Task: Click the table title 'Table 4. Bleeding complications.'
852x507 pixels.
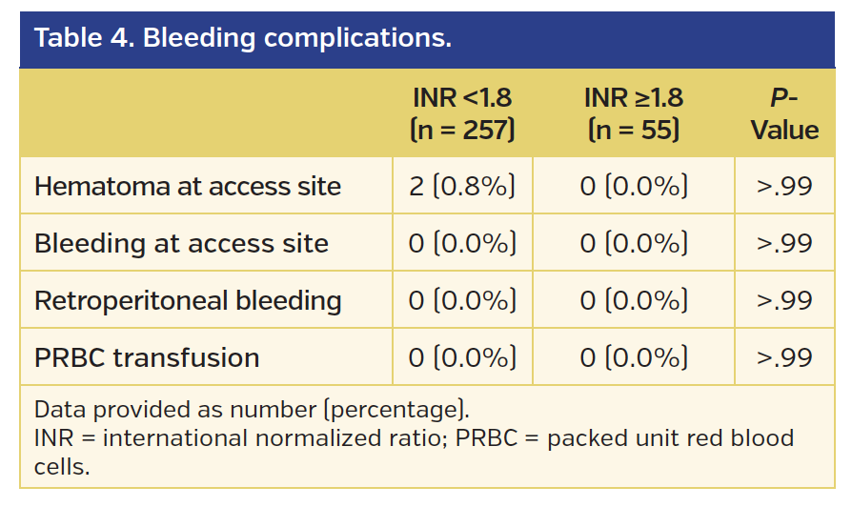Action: pos(242,39)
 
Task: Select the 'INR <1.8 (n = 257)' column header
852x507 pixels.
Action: pos(462,113)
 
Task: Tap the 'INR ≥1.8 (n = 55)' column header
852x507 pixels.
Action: pos(634,113)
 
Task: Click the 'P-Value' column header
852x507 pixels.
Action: pos(784,113)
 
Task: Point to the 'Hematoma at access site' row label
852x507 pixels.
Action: pos(188,186)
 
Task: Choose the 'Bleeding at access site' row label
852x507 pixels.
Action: pos(181,243)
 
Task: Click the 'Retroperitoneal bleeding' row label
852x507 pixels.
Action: pos(188,300)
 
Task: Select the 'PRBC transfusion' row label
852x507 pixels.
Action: pos(147,357)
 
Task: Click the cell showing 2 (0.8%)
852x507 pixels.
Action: pos(462,186)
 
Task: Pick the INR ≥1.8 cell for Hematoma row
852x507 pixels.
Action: pos(634,186)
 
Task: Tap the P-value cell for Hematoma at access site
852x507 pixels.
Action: pos(784,186)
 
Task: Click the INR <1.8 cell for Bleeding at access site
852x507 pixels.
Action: pos(462,243)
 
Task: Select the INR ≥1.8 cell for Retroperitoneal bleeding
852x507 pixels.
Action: pos(634,300)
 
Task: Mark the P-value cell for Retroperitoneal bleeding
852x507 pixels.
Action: pos(784,300)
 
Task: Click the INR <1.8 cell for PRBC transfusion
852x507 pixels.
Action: pos(462,357)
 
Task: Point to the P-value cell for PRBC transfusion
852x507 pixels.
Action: pos(784,357)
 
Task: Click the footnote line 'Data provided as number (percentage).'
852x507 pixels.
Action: pos(252,410)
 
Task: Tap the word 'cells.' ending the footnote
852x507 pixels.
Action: pos(61,467)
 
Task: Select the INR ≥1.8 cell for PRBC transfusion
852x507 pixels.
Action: pos(634,357)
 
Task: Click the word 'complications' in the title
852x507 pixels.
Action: pos(357,39)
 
